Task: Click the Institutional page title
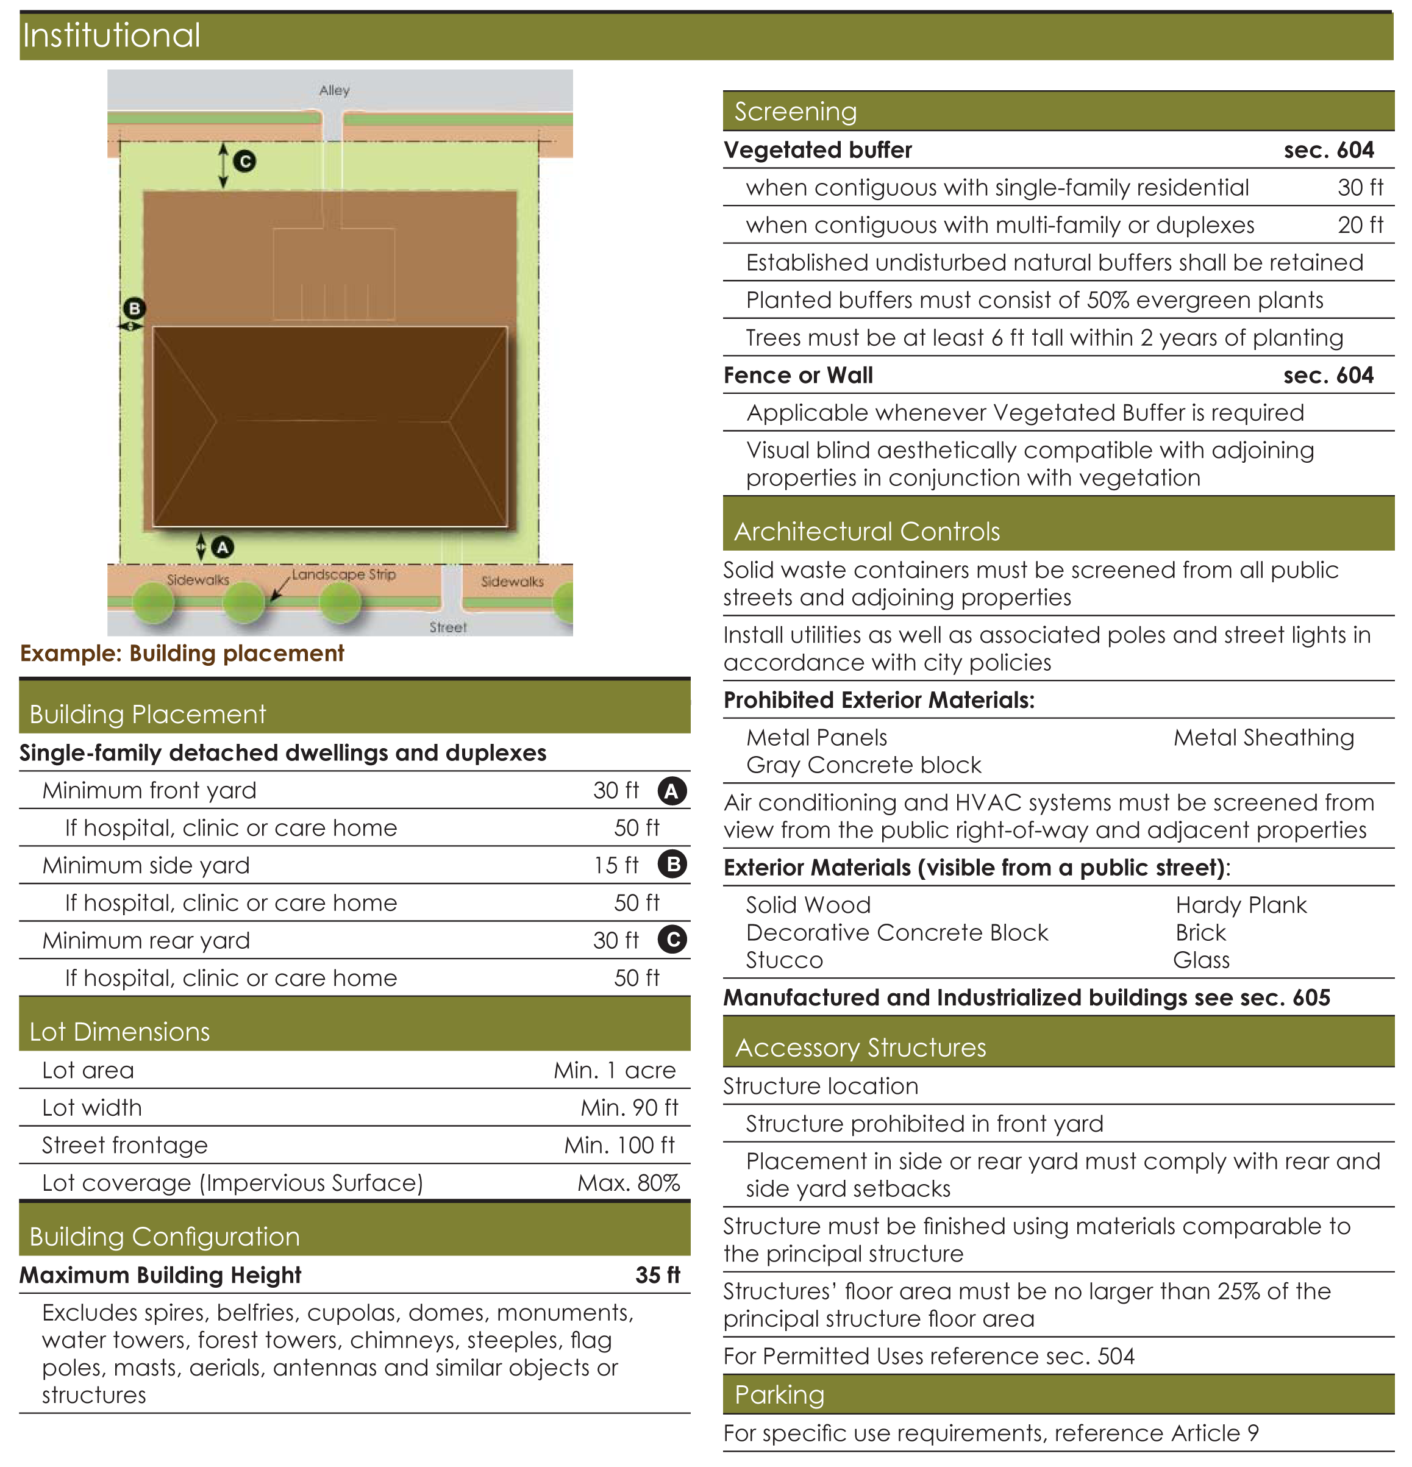112,35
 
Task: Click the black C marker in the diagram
244,161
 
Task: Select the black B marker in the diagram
135,309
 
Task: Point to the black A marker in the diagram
223,547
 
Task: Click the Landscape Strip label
343,574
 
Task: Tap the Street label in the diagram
447,627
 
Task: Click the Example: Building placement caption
182,654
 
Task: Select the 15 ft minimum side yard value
616,865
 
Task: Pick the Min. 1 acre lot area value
615,1070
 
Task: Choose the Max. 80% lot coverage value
628,1183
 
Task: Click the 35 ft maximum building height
657,1275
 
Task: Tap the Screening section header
796,112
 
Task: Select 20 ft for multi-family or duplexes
1360,224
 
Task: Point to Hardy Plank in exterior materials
1241,905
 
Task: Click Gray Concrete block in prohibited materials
863,765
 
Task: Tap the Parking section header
780,1394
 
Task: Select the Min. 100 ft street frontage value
619,1145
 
